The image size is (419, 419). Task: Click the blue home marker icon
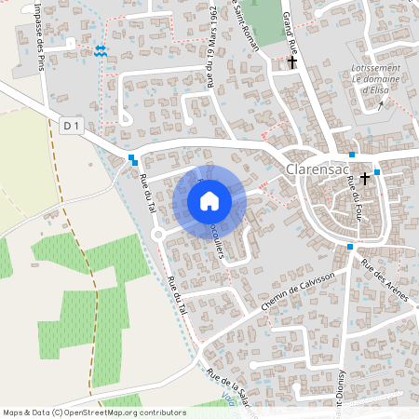(x=209, y=201)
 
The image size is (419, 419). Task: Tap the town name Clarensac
(x=319, y=170)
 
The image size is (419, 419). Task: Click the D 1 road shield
(x=69, y=124)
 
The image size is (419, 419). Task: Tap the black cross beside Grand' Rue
(x=293, y=62)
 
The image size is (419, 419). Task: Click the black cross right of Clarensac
(x=365, y=177)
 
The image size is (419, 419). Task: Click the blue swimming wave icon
(x=100, y=50)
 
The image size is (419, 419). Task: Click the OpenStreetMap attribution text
(x=94, y=412)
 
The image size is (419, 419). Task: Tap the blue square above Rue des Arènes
(x=349, y=247)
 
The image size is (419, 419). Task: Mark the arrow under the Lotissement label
(x=380, y=103)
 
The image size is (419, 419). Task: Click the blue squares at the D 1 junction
(x=134, y=159)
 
